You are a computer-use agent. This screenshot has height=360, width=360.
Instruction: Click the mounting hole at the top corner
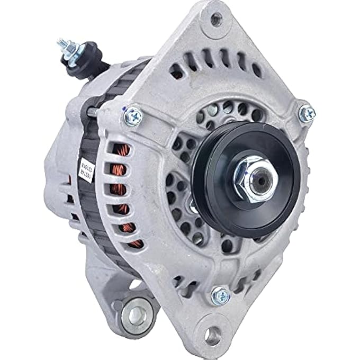[215, 19]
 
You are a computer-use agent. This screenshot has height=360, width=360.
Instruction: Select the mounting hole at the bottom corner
[214, 334]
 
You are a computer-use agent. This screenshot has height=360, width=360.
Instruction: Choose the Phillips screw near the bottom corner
[219, 294]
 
